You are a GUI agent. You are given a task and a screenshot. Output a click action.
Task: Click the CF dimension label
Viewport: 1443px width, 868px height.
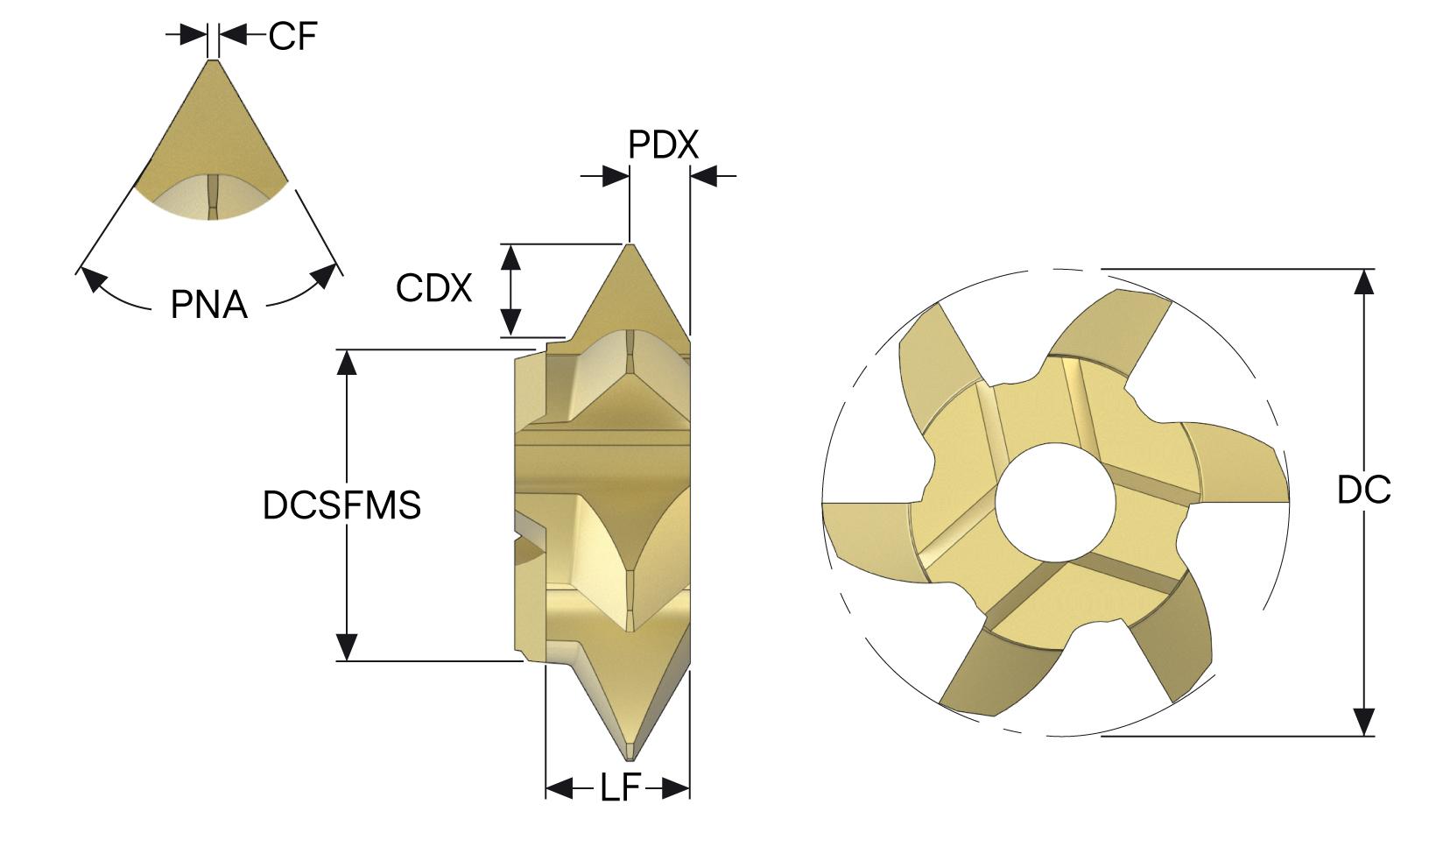coord(292,36)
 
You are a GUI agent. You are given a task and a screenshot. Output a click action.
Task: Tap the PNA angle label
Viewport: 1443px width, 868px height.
coord(209,305)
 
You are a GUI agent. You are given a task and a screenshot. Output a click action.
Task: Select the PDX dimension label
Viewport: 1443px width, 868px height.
coord(664,145)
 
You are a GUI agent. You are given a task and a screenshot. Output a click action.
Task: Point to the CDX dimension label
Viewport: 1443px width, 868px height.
coord(433,287)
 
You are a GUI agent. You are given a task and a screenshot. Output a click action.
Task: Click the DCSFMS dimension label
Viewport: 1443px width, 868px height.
coord(341,505)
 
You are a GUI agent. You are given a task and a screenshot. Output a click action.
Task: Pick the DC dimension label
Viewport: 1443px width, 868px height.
coord(1363,490)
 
